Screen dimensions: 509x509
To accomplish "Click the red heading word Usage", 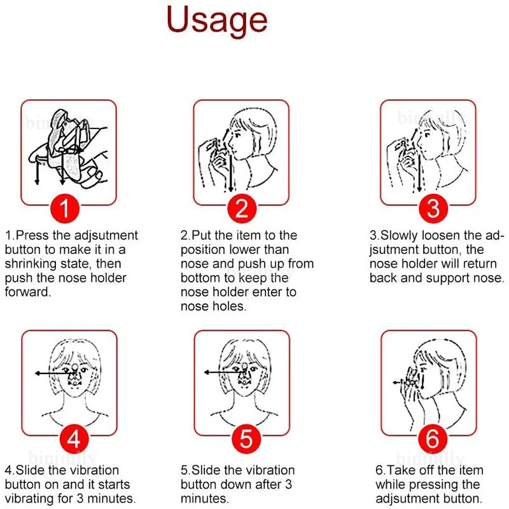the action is (x=217, y=21).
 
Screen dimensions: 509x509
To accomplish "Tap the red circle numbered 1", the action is (x=65, y=208).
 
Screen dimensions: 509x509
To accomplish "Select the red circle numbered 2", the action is (x=242, y=208).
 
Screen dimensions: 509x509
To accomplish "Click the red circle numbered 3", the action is (x=433, y=208).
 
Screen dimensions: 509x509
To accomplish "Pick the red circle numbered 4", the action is (x=74, y=439).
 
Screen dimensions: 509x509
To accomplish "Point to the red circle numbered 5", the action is (x=246, y=439).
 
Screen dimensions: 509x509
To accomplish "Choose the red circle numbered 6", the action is (x=433, y=439).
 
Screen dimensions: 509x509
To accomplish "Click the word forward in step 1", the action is (x=28, y=292).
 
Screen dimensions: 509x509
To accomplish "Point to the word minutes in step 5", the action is (x=205, y=499).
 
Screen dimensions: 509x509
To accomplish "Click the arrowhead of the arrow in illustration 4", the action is (x=38, y=373).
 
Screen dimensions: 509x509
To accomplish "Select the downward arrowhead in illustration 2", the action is (x=230, y=189).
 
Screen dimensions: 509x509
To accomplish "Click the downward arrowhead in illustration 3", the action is (x=419, y=188).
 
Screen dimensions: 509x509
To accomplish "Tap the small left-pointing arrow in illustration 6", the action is (x=399, y=383).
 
